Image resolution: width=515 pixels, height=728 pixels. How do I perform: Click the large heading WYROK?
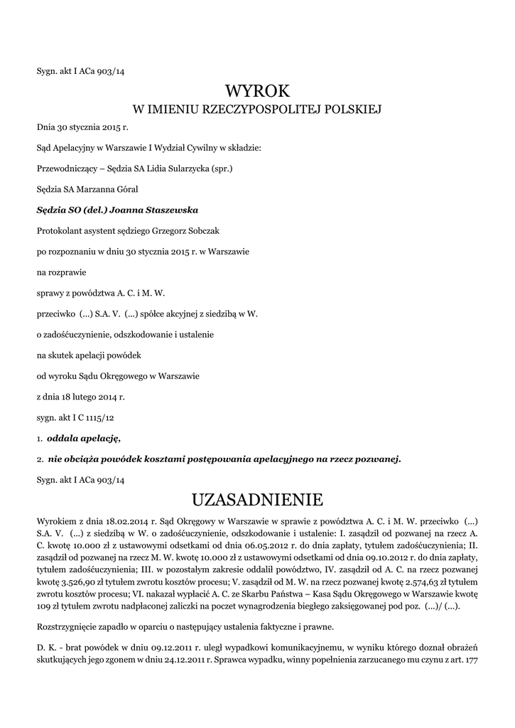point(258,90)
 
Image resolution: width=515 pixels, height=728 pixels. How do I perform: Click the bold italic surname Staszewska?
point(171,210)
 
